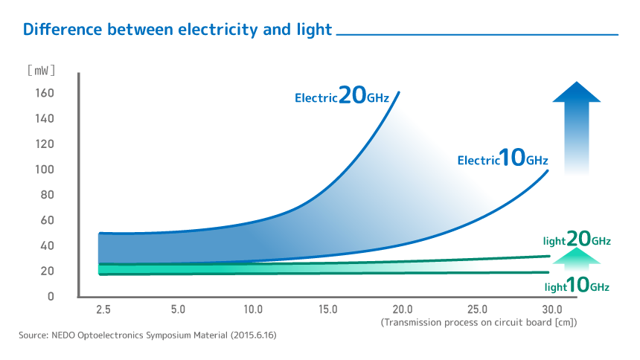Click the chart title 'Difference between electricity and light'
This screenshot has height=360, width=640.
click(x=177, y=30)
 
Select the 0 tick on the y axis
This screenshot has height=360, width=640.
click(x=51, y=296)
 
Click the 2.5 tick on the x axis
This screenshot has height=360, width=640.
click(x=103, y=309)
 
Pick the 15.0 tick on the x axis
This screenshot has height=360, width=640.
click(x=327, y=309)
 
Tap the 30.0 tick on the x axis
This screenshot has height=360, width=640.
click(x=552, y=309)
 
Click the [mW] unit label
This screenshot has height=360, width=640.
click(x=42, y=71)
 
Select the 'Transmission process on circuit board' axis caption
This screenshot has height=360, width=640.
click(x=479, y=322)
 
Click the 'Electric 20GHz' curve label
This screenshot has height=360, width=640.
click(x=342, y=96)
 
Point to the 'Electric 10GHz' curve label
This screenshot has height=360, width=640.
click(x=502, y=158)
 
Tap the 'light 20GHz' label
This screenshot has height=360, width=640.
click(x=577, y=240)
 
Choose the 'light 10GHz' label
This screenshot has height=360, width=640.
click(x=577, y=286)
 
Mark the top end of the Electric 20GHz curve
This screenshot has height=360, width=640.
click(x=399, y=92)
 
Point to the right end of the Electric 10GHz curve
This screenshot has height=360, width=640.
click(x=548, y=171)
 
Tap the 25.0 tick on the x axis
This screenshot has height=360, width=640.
click(x=477, y=309)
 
